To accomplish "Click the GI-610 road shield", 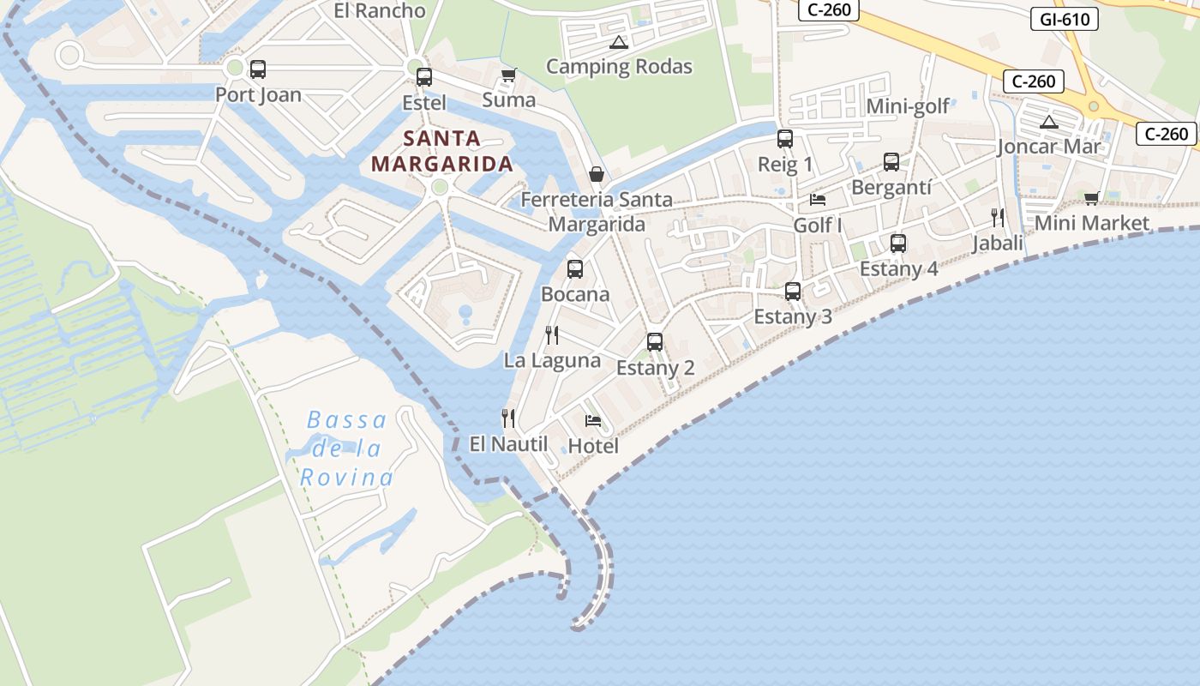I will [1064, 19].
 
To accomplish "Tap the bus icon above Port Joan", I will [258, 69].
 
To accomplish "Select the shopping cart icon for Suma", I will [508, 75].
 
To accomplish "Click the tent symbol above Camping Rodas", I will [618, 42].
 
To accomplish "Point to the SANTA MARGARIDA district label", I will [442, 151].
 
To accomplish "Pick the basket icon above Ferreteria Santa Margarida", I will [597, 175].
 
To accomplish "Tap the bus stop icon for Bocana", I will [575, 269].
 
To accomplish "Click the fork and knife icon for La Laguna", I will [552, 335].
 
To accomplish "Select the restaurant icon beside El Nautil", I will [508, 418].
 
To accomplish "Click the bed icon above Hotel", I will [593, 421].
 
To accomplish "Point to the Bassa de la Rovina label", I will [347, 448].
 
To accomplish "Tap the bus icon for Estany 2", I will [655, 342].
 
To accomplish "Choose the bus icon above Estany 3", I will [793, 292].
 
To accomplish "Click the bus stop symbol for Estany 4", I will [898, 244].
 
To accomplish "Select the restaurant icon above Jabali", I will [998, 218].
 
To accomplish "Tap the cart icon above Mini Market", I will [1091, 199].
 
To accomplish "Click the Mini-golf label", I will [908, 106].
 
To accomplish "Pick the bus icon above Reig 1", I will [785, 139].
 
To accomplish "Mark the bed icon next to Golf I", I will [818, 200].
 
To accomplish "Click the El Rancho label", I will [380, 11].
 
